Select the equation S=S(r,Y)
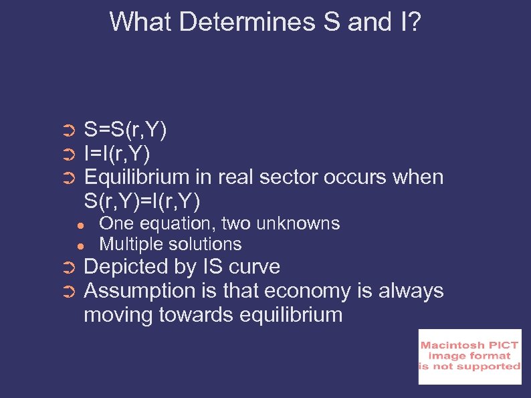pos(126,129)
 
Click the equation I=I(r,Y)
pos(117,153)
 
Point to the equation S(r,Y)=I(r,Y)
pos(142,201)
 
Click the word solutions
pos(205,244)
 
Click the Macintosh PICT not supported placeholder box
pos(469,357)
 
